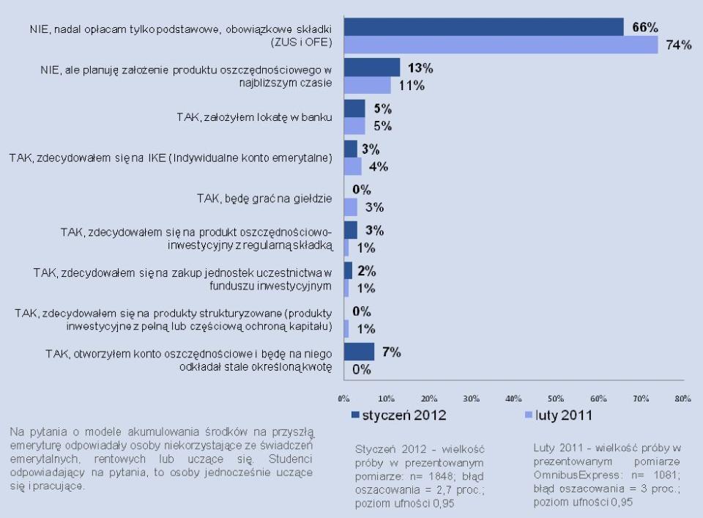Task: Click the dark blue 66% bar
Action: [x=483, y=27]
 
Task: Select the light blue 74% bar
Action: [x=501, y=45]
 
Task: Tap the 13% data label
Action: [x=420, y=68]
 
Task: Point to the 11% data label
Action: [x=412, y=86]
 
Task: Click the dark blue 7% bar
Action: [x=359, y=352]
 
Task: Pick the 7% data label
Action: [x=391, y=352]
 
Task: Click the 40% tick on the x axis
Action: [x=513, y=399]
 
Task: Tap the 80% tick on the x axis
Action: [x=682, y=399]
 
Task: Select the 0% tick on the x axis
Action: [x=343, y=399]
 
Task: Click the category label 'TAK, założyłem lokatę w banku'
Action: [x=254, y=117]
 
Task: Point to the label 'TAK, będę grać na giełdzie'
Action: [x=264, y=198]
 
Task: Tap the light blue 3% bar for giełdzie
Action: [x=351, y=207]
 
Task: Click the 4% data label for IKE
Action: [x=379, y=166]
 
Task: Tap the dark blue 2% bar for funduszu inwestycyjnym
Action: [x=348, y=270]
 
